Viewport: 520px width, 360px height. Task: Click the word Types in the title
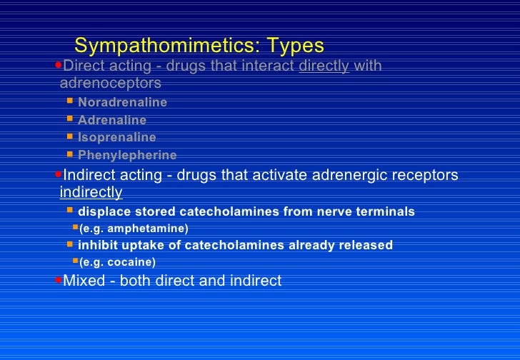pos(295,46)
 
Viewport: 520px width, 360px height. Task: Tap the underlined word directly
pos(324,66)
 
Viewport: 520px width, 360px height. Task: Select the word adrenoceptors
pos(111,84)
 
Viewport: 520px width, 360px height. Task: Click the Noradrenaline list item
pos(122,102)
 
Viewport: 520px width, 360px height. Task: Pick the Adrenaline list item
pos(112,120)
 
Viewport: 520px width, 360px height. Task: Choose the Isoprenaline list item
pos(116,137)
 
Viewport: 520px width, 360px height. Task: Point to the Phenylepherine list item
pos(127,155)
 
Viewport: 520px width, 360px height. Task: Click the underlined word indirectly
pos(91,192)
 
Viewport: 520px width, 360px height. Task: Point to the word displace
pos(102,211)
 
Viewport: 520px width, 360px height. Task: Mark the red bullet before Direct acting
pos(59,66)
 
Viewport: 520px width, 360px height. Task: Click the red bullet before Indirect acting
pos(59,174)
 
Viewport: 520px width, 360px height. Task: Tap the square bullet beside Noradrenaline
pos(69,101)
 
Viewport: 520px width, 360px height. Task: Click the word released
pos(365,245)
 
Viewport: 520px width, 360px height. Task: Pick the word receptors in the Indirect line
pos(425,175)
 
